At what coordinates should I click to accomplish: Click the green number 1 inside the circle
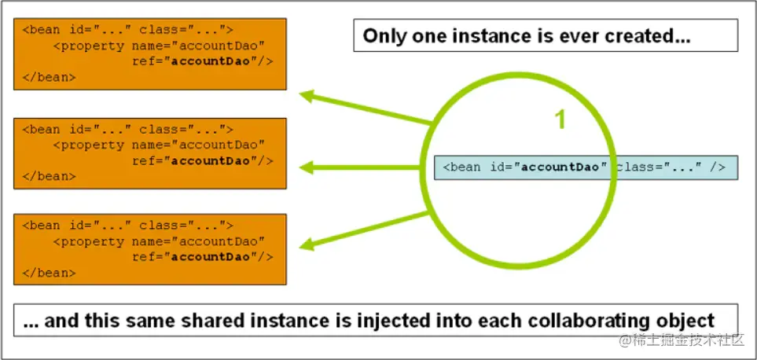[560, 119]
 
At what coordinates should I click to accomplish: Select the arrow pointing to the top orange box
[366, 107]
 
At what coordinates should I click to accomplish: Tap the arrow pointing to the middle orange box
[360, 168]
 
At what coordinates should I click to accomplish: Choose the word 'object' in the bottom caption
[686, 321]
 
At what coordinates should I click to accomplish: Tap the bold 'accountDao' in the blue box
[560, 167]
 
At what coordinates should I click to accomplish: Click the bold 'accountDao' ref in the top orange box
[211, 61]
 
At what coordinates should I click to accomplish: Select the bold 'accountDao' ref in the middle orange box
[211, 160]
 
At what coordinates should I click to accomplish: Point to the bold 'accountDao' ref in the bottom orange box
[211, 257]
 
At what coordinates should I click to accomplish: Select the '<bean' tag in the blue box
[462, 167]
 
